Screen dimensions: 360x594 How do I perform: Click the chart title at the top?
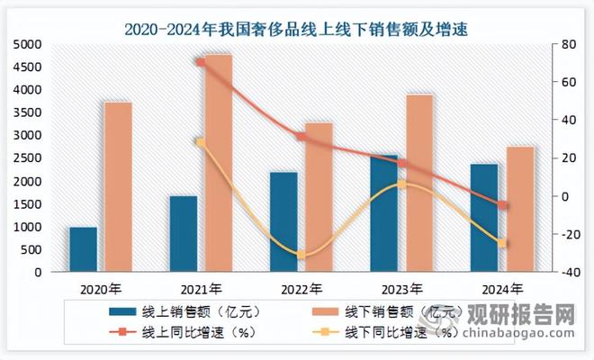click(x=297, y=30)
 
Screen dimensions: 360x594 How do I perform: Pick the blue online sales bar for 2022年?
click(x=283, y=221)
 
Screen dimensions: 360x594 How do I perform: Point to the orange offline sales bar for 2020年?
click(x=118, y=187)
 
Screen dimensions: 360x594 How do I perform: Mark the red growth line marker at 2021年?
click(x=201, y=62)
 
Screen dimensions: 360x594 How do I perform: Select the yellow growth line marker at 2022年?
click(x=301, y=256)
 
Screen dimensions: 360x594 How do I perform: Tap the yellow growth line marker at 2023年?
click(x=402, y=184)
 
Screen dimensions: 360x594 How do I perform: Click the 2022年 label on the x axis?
click(x=301, y=289)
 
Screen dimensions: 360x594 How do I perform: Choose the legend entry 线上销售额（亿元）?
click(x=180, y=312)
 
